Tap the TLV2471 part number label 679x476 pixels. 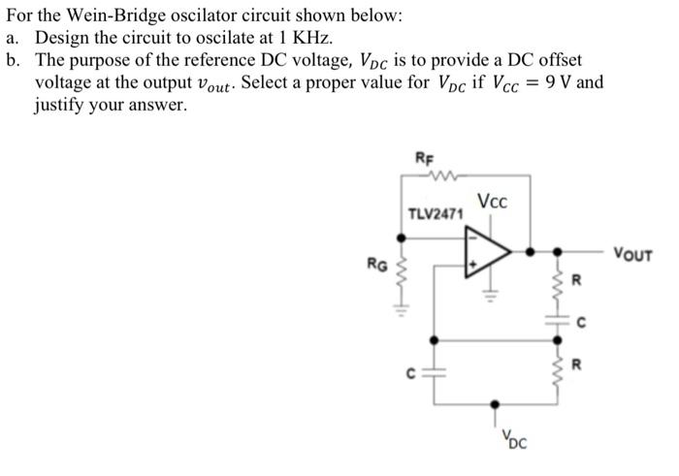[x=436, y=213]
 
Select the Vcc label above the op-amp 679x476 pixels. [x=492, y=203]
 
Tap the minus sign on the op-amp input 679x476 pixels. [x=474, y=236]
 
